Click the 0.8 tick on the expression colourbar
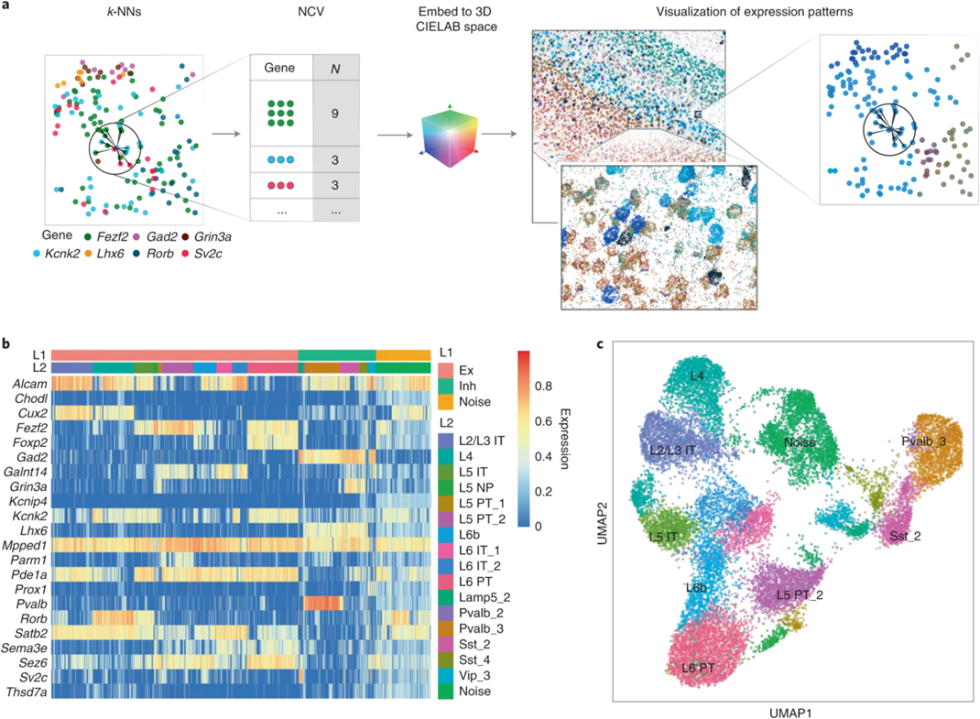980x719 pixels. tap(544, 386)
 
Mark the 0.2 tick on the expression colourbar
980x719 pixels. tap(544, 491)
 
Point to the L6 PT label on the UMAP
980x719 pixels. tap(697, 669)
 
